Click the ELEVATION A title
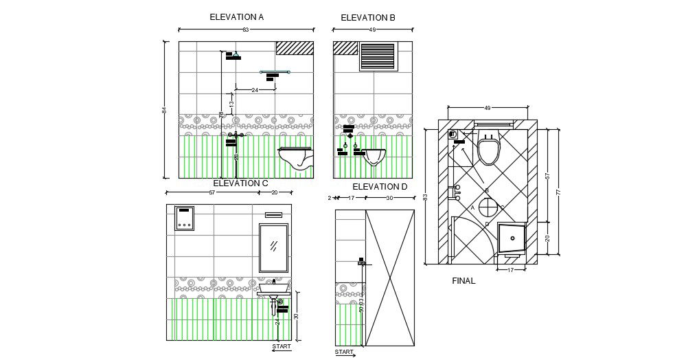click(x=237, y=16)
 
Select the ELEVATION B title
click(x=368, y=18)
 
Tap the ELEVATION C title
click(x=240, y=183)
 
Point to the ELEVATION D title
click(x=380, y=187)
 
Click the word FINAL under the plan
click(x=464, y=281)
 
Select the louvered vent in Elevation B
click(x=378, y=56)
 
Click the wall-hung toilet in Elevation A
click(x=297, y=157)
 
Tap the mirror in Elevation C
click(x=273, y=247)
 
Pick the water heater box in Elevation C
click(x=184, y=218)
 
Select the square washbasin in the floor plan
click(x=510, y=238)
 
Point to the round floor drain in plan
click(x=488, y=206)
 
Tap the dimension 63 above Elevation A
click(x=245, y=30)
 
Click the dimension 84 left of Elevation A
click(x=164, y=110)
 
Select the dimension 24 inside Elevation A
click(x=255, y=90)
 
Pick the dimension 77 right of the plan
click(x=558, y=193)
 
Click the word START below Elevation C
click(x=282, y=347)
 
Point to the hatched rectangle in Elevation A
click(x=295, y=47)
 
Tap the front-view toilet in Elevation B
click(x=373, y=157)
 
